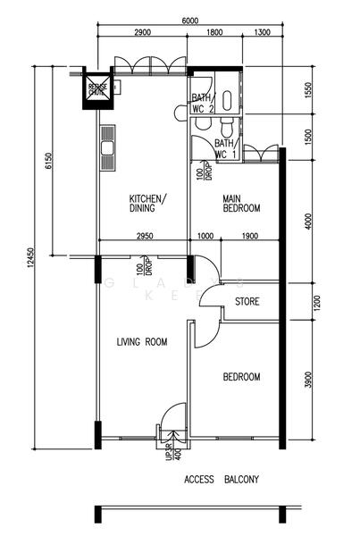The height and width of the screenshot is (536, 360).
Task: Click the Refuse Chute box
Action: tap(96, 88)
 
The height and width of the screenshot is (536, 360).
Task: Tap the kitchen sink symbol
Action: tap(109, 147)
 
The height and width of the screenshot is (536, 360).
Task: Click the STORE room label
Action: tap(247, 302)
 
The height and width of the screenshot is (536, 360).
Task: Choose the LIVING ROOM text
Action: tap(143, 341)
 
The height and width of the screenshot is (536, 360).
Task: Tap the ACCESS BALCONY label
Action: tap(222, 480)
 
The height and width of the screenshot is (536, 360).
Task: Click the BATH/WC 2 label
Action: tap(201, 103)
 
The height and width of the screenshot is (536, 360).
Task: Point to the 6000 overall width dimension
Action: tap(188, 20)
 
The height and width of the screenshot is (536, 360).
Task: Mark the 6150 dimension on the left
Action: tap(50, 161)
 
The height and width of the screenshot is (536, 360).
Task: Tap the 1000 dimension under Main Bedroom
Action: tap(205, 236)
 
